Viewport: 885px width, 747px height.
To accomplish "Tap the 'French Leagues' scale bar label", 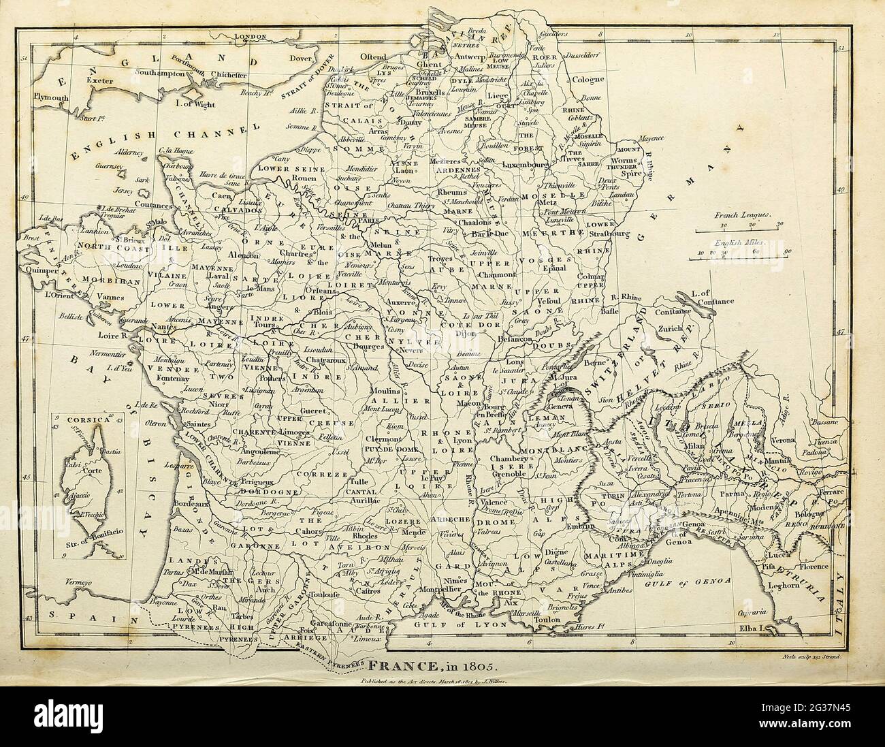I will click(741, 214).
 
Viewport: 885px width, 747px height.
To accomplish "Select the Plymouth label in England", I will click(51, 97).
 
